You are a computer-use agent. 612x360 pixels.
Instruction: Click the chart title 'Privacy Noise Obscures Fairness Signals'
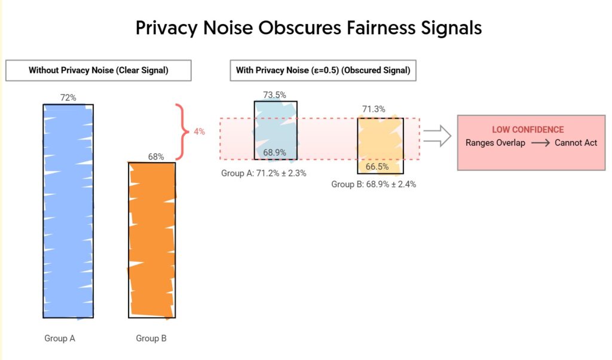click(308, 28)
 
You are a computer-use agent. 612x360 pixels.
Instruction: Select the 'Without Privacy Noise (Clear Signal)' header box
click(99, 71)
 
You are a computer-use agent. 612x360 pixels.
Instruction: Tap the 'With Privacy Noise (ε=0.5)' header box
click(323, 71)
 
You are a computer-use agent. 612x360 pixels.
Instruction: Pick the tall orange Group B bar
click(152, 239)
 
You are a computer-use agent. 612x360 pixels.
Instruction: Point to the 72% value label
click(68, 97)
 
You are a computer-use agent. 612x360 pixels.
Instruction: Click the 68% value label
click(156, 157)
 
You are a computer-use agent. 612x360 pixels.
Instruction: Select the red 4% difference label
click(199, 132)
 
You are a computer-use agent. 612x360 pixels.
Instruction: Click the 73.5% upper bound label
click(274, 94)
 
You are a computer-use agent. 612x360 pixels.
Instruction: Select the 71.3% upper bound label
click(374, 109)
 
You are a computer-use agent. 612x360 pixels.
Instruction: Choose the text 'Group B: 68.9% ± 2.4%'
click(374, 184)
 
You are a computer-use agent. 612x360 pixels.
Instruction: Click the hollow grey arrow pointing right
click(437, 135)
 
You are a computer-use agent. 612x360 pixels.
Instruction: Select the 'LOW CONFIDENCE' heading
click(528, 130)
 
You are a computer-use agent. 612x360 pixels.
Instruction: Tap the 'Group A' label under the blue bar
click(60, 338)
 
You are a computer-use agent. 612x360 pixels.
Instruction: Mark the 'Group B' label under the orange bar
click(151, 338)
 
